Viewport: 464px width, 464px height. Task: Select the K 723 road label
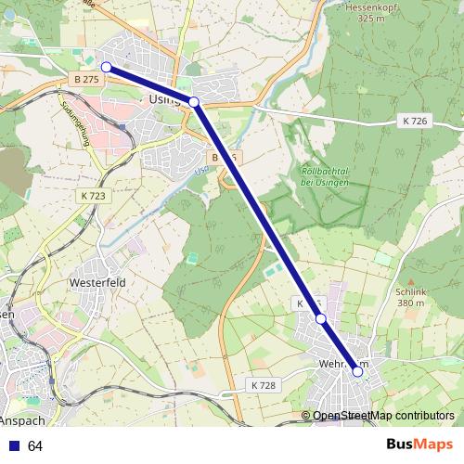(93, 196)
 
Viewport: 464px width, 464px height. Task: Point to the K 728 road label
(263, 384)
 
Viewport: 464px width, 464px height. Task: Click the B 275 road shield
(85, 82)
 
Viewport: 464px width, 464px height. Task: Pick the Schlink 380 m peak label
(409, 295)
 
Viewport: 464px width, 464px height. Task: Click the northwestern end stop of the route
(107, 67)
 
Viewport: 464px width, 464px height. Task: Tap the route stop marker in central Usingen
(194, 102)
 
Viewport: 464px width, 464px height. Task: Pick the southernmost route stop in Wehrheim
(357, 371)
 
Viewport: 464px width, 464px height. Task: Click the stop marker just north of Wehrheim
(321, 319)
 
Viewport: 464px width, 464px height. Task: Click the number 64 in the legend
(35, 446)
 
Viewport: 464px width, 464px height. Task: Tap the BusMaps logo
(419, 445)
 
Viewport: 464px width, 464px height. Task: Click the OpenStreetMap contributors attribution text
(383, 416)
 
